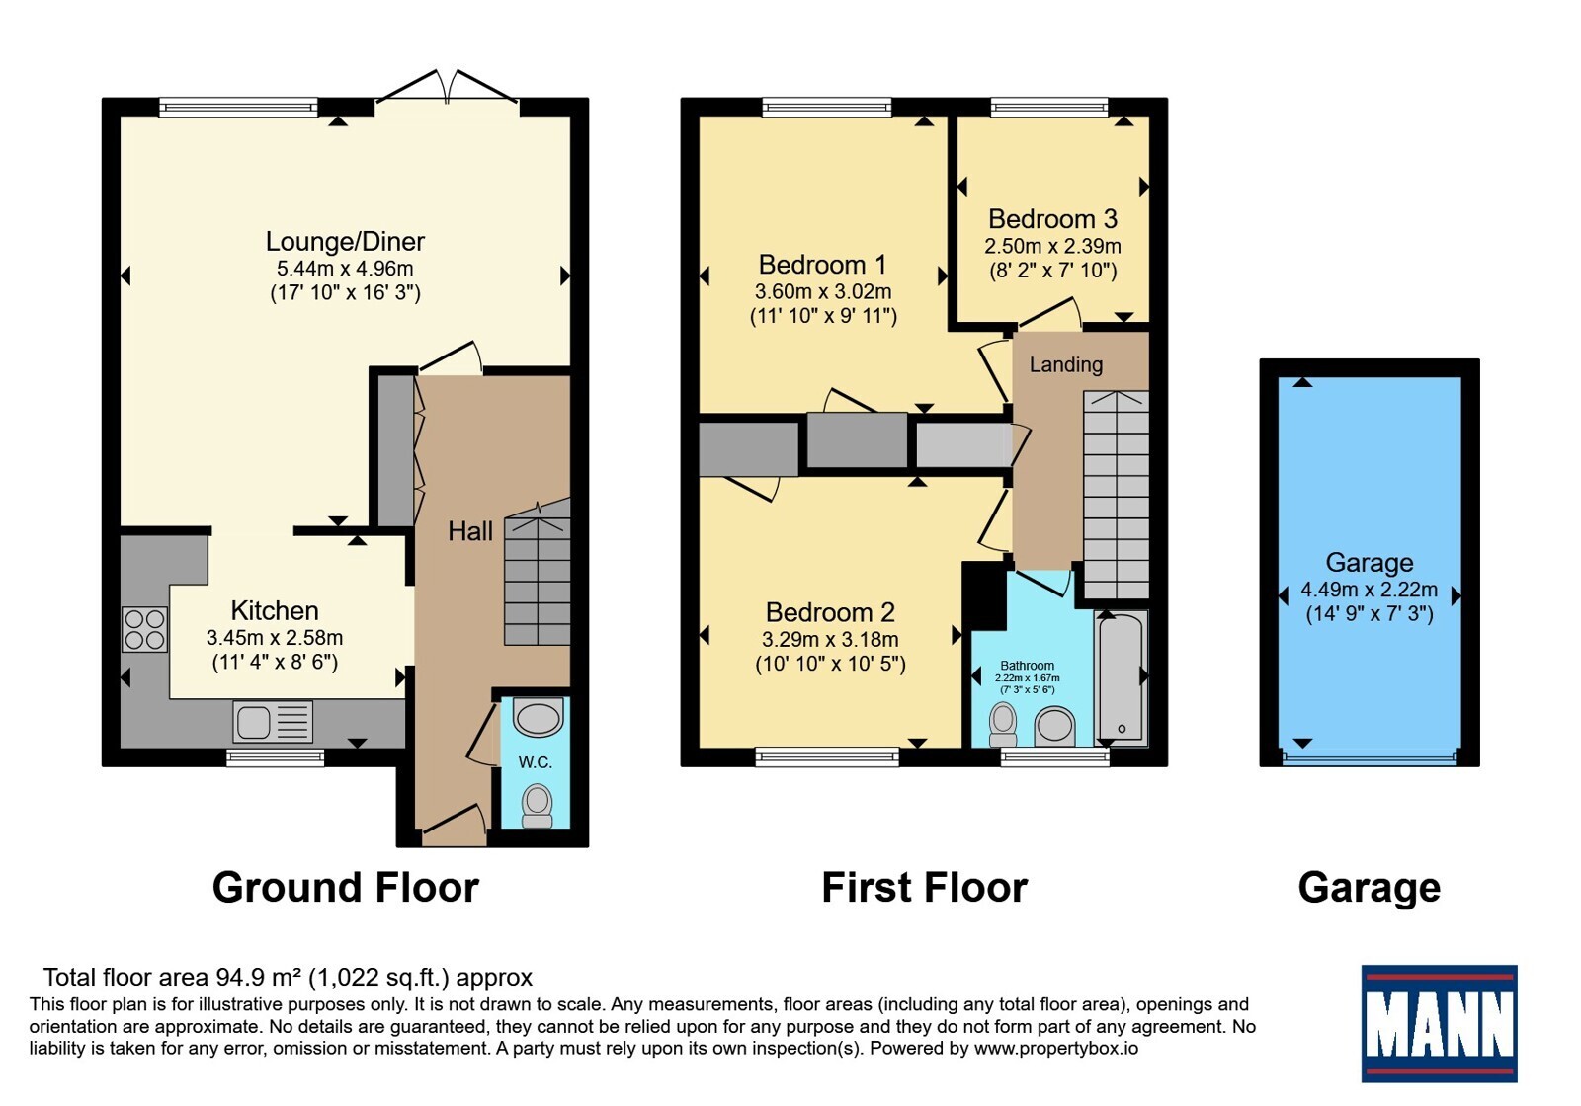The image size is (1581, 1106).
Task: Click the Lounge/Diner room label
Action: [x=345, y=242]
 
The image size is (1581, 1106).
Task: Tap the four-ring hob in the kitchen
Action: [x=144, y=629]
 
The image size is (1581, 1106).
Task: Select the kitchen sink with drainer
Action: [x=273, y=722]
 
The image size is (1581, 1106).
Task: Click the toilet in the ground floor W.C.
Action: [x=538, y=806]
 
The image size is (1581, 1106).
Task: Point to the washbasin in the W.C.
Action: [x=538, y=717]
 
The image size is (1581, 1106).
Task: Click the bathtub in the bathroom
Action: [x=1121, y=678]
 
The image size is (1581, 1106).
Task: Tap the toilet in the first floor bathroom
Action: [x=1003, y=725]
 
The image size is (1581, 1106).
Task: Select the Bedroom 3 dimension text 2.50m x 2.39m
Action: [x=1052, y=246]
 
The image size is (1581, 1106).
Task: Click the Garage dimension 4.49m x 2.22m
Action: [x=1370, y=590]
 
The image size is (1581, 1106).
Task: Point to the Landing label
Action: [x=1066, y=364]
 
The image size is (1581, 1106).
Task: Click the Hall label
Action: [x=470, y=531]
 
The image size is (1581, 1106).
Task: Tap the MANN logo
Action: [x=1439, y=1023]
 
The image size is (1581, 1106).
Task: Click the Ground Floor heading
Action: [x=346, y=888]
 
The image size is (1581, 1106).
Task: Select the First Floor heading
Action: [x=925, y=888]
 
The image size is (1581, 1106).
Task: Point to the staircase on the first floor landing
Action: [x=1116, y=496]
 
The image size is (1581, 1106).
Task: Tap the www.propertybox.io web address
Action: [x=1056, y=1048]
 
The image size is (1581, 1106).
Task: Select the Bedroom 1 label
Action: [x=822, y=265]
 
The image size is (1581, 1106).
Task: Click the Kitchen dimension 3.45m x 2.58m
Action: [x=275, y=638]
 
